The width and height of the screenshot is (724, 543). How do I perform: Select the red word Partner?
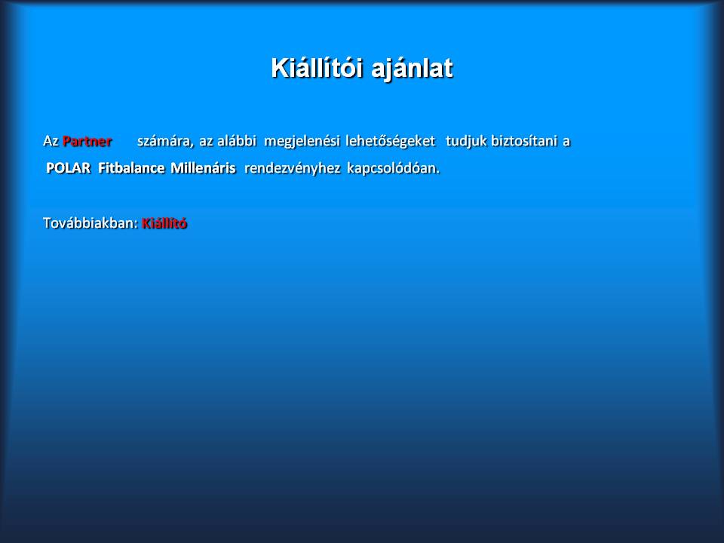coord(87,141)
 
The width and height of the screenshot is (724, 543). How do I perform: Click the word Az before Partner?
coord(51,141)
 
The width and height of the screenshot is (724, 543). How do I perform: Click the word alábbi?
coord(236,140)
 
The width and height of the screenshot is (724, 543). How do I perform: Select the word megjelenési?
coord(302,141)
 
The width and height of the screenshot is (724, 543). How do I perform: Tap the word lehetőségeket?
coord(390,141)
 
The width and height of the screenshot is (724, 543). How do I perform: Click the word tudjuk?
coord(466,141)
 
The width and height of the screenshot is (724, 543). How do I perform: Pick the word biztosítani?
coord(524,140)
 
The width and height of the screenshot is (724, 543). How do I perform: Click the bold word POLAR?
coord(69,168)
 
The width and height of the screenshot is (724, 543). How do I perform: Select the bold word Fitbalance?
coord(131,167)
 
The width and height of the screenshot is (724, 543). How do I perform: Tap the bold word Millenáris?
coord(203,167)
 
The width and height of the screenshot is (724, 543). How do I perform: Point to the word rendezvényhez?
coord(293,168)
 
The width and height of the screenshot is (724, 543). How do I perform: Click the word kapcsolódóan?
coord(394,168)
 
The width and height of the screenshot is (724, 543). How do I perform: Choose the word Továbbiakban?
coord(89,223)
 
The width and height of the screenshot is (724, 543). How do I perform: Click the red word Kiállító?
coord(164,223)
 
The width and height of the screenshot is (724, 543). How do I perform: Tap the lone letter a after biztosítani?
coord(566,142)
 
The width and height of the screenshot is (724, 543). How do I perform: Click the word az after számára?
coord(206,142)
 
